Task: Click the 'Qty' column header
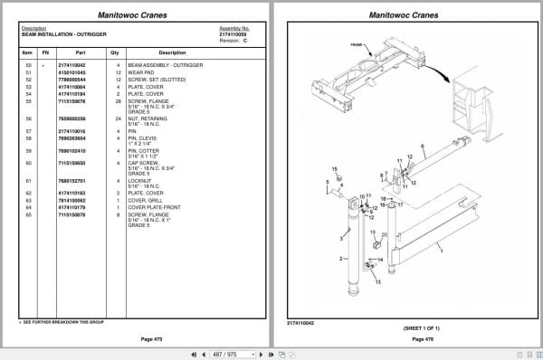pos(115,52)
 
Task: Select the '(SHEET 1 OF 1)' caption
pos(410,327)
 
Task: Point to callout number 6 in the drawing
pos(422,145)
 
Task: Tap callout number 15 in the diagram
pos(334,169)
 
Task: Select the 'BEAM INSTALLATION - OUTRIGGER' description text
pos(56,33)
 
